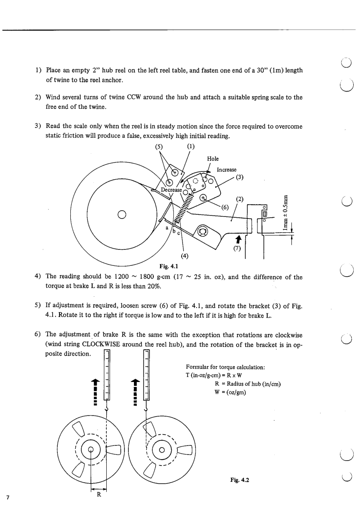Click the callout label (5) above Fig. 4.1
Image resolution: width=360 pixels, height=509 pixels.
click(x=161, y=147)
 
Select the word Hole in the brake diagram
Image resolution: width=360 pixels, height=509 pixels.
click(x=212, y=159)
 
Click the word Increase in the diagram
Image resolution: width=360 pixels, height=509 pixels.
click(x=228, y=170)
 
